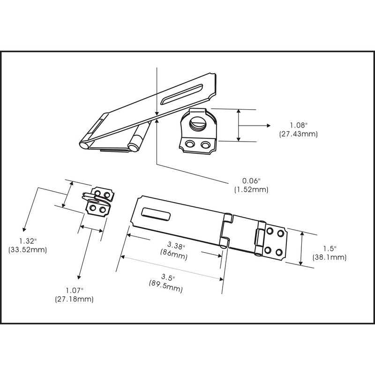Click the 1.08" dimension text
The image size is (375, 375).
[298, 126]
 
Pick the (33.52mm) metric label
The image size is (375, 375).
[28, 250]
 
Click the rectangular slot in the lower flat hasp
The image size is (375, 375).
[155, 214]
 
